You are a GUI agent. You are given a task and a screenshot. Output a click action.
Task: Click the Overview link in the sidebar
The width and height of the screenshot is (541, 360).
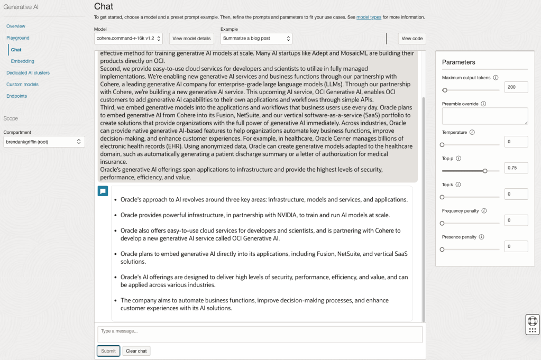pyautogui.click(x=16, y=26)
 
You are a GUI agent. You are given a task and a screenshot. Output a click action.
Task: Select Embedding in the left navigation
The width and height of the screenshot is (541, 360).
pyautogui.click(x=23, y=61)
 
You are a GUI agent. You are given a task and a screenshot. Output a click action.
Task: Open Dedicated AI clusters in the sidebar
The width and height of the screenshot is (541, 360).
pyautogui.click(x=28, y=73)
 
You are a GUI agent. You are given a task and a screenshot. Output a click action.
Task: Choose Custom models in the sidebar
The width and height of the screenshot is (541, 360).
pyautogui.click(x=22, y=85)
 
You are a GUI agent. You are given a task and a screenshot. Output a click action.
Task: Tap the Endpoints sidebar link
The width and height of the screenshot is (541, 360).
pyautogui.click(x=16, y=96)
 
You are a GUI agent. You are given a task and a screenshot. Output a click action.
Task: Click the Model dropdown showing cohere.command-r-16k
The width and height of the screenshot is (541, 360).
pyautogui.click(x=129, y=39)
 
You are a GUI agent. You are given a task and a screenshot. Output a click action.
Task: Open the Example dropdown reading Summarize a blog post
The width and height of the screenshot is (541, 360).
pyautogui.click(x=256, y=39)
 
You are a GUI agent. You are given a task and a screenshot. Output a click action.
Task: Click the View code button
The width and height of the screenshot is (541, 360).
pyautogui.click(x=412, y=39)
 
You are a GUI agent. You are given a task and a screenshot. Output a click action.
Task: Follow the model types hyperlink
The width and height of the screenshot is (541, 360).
pyautogui.click(x=369, y=17)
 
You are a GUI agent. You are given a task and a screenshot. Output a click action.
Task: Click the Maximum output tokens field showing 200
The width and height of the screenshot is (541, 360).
pyautogui.click(x=516, y=87)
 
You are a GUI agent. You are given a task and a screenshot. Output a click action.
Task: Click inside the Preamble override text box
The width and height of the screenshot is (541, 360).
pyautogui.click(x=484, y=116)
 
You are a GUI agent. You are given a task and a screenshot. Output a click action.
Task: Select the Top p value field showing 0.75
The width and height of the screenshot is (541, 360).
pyautogui.click(x=516, y=168)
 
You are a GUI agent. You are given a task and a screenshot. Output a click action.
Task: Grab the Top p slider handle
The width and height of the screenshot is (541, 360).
pyautogui.click(x=485, y=171)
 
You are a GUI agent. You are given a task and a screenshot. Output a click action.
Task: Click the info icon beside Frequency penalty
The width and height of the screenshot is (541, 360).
pyautogui.click(x=484, y=211)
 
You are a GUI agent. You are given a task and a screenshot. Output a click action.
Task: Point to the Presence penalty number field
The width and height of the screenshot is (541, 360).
pyautogui.click(x=516, y=246)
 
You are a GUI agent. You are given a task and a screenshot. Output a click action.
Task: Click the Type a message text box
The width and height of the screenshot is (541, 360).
pyautogui.click(x=260, y=334)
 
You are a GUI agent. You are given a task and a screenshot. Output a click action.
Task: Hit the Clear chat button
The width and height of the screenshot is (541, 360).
pyautogui.click(x=136, y=351)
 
